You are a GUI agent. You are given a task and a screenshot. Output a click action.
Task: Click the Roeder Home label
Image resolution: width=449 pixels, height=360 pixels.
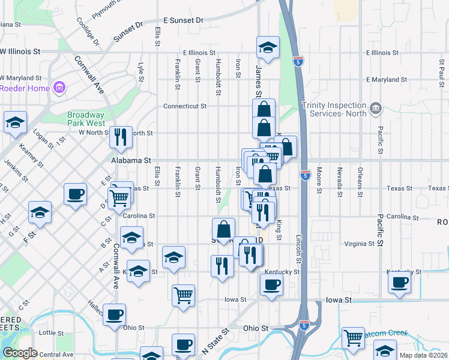pos(24,88)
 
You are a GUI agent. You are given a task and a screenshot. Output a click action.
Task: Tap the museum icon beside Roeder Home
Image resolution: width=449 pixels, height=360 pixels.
pos(59,89)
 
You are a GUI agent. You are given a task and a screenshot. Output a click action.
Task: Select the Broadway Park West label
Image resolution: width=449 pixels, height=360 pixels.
pos(86,119)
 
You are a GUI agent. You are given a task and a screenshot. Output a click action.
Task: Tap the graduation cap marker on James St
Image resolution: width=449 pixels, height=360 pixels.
pos(268,48)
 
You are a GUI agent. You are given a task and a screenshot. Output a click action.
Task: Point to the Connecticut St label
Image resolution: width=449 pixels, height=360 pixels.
pos(185,106)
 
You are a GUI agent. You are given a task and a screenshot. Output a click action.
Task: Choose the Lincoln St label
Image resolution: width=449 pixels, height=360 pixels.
pos(298,248)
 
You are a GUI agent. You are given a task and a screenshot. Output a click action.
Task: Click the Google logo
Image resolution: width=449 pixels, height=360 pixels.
pos(19,353)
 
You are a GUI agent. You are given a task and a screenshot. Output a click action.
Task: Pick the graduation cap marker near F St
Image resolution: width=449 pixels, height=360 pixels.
pos(40,212)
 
